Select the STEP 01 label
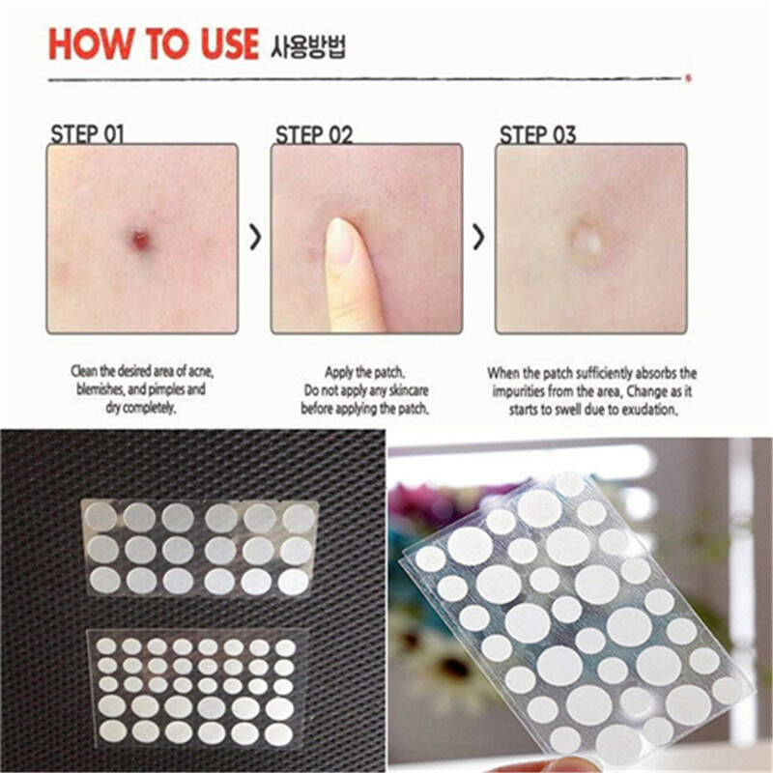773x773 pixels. [x=86, y=133]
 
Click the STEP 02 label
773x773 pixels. [x=314, y=134]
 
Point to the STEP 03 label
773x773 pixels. [x=537, y=134]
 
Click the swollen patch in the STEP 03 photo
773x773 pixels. [x=586, y=240]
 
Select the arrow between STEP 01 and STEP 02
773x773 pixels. [x=255, y=238]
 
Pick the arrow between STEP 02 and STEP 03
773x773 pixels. [x=478, y=238]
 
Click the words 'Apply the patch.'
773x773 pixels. [x=366, y=372]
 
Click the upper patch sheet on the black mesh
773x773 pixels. [x=199, y=547]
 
